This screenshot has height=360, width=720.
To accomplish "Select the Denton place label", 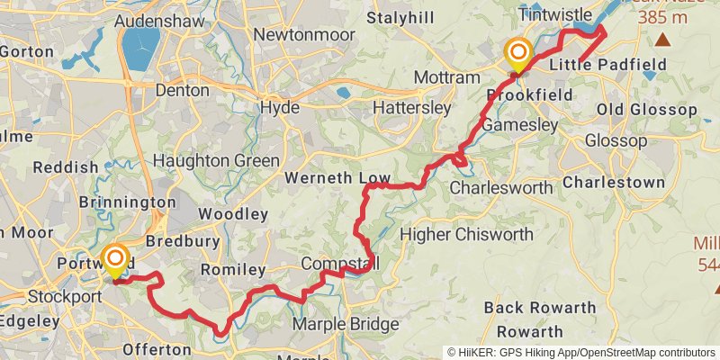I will click(x=182, y=90).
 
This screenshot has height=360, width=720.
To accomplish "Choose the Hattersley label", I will click(x=410, y=107).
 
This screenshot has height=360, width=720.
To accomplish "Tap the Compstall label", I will click(x=338, y=263).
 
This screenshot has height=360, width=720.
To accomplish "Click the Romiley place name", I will click(x=232, y=270).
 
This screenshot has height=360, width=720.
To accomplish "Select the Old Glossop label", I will click(x=647, y=110).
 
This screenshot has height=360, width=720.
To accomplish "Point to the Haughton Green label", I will click(x=216, y=161).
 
